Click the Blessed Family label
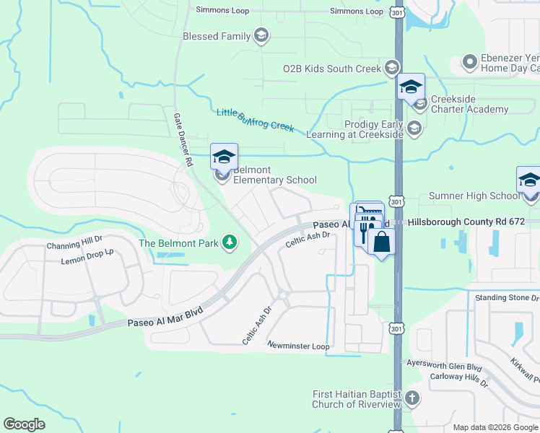point(217,36)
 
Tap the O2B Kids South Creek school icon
point(392,68)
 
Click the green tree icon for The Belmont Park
point(230,242)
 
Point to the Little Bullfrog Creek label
point(256,120)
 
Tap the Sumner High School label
point(474,196)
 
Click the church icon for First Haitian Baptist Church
point(411,398)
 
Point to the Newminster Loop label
point(298,346)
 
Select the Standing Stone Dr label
point(507,297)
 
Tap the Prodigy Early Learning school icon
point(414,129)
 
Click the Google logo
point(25,424)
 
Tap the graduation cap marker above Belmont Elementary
point(224,156)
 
